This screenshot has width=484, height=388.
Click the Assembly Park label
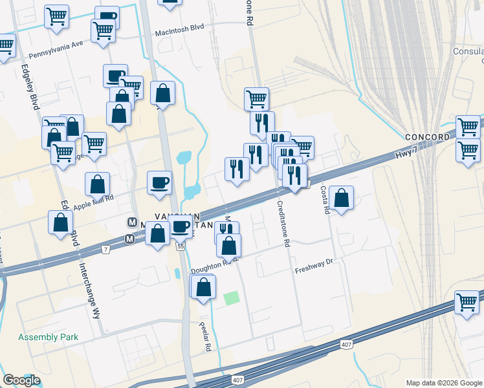(x=48, y=337)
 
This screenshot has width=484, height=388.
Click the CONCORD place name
(x=427, y=137)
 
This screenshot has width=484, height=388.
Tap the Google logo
(x=21, y=380)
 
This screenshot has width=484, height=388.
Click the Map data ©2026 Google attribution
(x=444, y=383)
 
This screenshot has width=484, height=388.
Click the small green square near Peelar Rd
(x=231, y=299)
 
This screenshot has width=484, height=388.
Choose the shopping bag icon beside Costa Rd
(x=341, y=197)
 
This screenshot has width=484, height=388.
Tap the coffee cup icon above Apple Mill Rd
(x=159, y=182)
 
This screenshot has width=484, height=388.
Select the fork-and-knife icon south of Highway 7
(x=226, y=231)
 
